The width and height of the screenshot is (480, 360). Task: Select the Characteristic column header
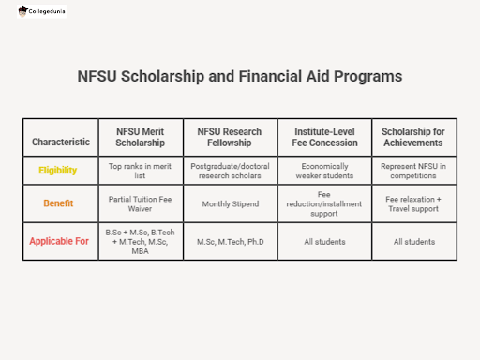coord(61,142)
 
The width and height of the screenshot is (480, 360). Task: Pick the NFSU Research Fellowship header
coord(230,137)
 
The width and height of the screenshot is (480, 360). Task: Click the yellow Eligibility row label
coord(58,171)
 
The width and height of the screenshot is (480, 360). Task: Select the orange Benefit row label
coord(58,202)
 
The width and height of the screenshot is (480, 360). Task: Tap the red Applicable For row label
coord(59,241)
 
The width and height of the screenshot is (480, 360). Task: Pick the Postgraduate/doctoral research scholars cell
coord(230,171)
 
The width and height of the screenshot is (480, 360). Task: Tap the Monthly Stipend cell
coord(230,202)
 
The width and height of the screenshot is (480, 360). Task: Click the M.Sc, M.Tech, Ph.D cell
coord(230,242)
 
